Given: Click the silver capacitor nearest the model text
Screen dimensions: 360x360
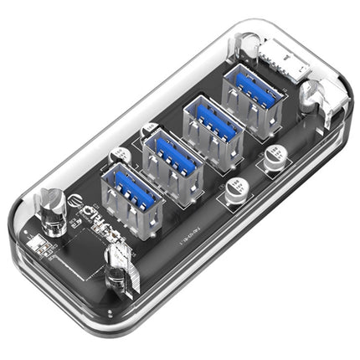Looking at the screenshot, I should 229,194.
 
